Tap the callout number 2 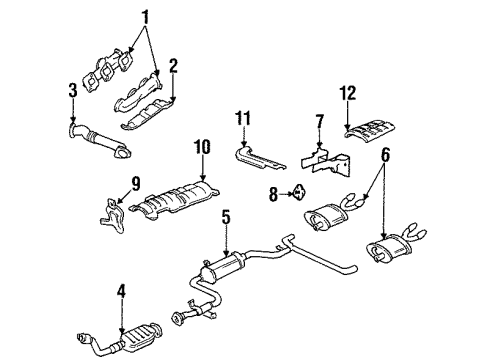coord(172,67)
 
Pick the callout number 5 coord(226,243)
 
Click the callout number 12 coord(376,94)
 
